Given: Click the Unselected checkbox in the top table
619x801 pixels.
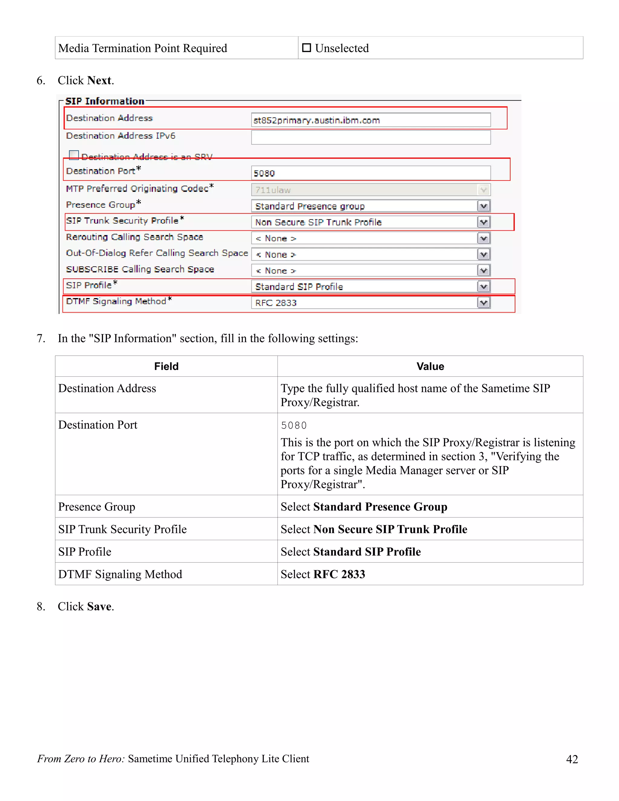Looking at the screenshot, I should point(306,48).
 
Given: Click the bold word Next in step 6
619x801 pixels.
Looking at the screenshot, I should point(99,80).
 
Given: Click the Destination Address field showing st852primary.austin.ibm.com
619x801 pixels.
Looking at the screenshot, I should point(371,120).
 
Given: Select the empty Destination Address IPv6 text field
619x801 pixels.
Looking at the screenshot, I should point(371,138).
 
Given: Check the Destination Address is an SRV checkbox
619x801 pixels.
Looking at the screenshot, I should point(74,155).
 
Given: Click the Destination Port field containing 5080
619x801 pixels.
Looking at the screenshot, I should point(371,173).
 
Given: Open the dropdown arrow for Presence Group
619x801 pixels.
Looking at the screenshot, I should point(484,206).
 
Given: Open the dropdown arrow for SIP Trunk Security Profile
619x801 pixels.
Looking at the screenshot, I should point(484,222).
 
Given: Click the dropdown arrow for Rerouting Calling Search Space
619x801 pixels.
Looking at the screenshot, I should point(484,238).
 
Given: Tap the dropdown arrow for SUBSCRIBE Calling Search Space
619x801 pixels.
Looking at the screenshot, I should point(484,271).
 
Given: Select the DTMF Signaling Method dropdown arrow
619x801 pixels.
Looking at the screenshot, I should point(484,303).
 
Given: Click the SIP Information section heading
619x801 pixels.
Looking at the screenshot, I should point(105,101).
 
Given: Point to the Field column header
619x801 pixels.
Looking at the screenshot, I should point(166,366).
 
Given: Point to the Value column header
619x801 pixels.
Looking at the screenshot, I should point(430,366).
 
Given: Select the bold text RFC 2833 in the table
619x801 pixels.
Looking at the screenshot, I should point(339,574).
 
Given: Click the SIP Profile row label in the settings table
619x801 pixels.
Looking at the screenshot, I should point(85,552).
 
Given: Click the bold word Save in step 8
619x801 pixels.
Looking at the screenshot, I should point(99,606).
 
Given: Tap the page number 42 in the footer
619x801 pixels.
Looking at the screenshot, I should point(572,759).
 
